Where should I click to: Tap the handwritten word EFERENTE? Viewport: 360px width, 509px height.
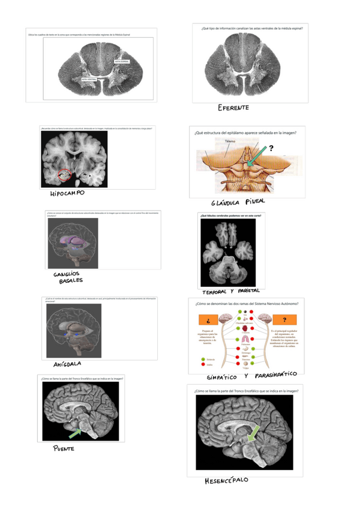click(x=233, y=108)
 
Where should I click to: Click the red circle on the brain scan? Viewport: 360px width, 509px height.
click(x=64, y=175)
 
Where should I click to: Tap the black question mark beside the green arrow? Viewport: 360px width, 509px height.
click(x=271, y=149)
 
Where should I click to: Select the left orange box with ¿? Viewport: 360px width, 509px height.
click(x=207, y=320)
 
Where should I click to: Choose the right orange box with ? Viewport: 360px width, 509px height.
click(x=284, y=320)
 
